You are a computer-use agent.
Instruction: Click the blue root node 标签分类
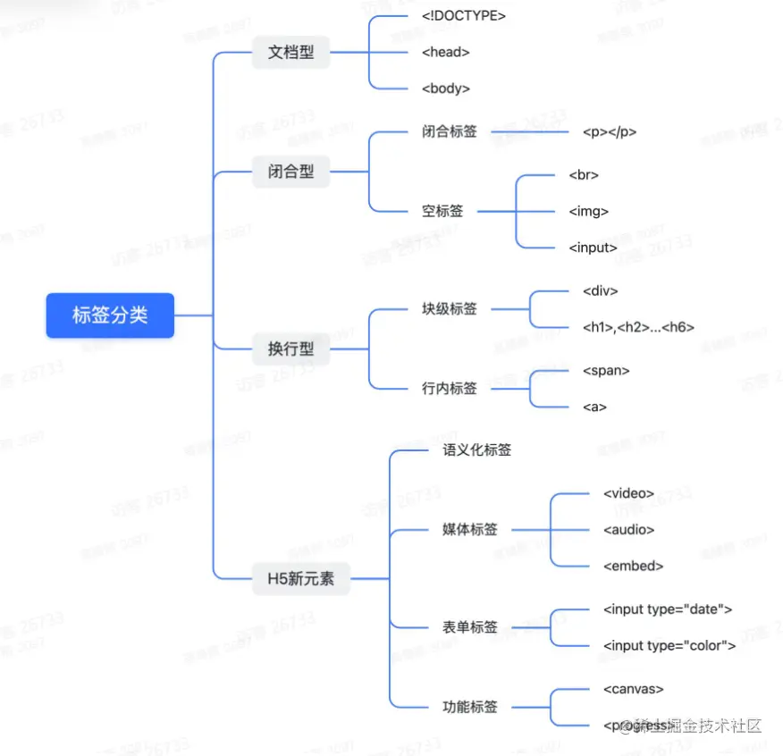pos(110,315)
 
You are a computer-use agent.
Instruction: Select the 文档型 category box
pos(291,52)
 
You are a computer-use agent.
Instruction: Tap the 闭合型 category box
pos(291,172)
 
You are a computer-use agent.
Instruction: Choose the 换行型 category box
pos(291,349)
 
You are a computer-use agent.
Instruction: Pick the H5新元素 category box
pos(300,578)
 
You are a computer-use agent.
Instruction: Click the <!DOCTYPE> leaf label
pos(464,16)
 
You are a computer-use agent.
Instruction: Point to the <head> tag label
pos(445,52)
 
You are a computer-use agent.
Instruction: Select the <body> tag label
pos(445,88)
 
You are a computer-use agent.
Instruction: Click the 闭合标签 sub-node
pos(449,131)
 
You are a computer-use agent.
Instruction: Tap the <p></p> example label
pos(609,131)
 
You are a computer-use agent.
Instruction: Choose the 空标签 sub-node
pos(442,212)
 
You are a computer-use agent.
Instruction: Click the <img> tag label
pos(588,212)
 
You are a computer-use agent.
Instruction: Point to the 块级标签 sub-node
pos(449,309)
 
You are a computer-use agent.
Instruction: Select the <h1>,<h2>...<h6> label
pos(637,327)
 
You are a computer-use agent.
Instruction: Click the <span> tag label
pos(605,370)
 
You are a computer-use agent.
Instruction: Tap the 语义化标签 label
pos(476,450)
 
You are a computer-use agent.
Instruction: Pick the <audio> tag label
pos(628,529)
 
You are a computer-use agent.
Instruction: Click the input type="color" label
pos(669,645)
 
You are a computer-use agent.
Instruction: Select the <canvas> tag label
pos(633,689)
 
